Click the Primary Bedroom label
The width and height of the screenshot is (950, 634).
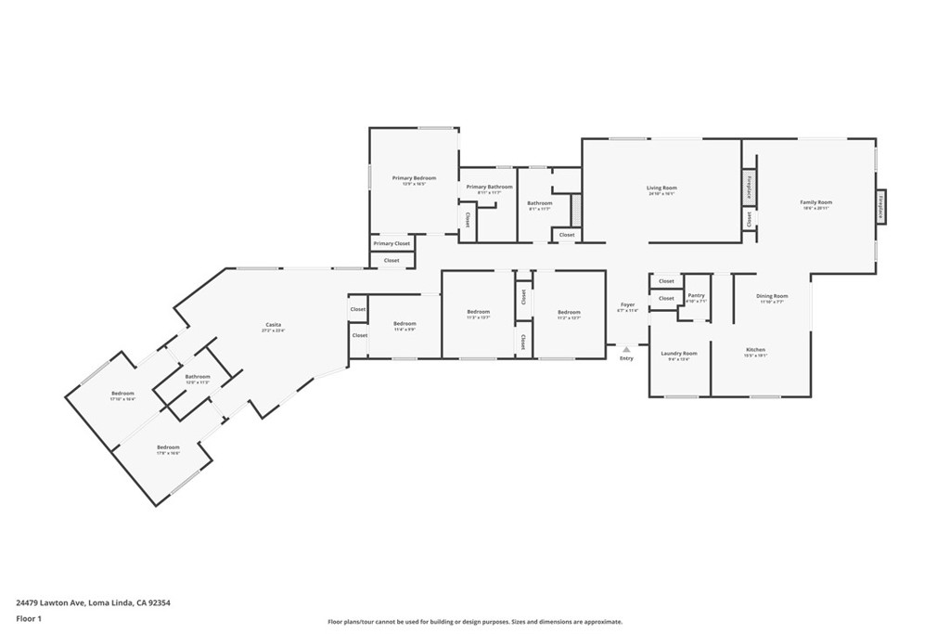(414, 178)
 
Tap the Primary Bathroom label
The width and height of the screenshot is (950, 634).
(489, 188)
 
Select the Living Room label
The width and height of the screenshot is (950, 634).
(661, 188)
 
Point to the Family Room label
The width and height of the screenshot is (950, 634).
(816, 202)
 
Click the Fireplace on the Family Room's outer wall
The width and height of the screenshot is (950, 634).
(880, 205)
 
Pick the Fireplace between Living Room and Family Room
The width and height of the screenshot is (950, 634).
(749, 187)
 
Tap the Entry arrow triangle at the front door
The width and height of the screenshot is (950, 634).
(626, 350)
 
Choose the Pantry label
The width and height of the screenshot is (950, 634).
(696, 296)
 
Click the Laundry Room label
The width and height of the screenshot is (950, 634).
(678, 354)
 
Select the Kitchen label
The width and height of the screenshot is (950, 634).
(755, 350)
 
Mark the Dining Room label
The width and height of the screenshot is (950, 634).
(773, 296)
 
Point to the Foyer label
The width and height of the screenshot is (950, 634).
(628, 305)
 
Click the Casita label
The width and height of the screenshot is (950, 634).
(273, 325)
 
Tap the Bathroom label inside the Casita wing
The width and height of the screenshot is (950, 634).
(198, 377)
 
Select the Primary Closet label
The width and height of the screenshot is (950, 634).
(392, 243)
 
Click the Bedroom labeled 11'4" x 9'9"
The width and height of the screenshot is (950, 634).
(404, 324)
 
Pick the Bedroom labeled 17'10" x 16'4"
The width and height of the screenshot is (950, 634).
(123, 394)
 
